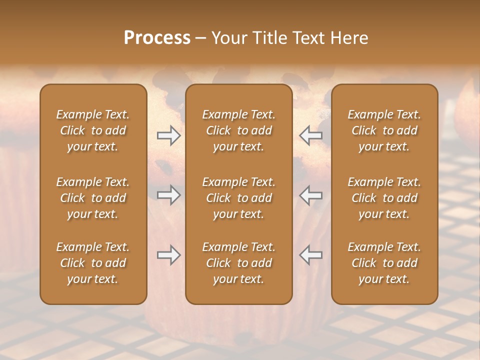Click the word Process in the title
click(157, 38)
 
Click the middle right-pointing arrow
click(168, 194)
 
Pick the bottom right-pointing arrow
click(168, 255)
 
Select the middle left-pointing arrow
click(311, 194)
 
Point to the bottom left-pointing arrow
click(311, 255)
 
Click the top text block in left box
click(93, 130)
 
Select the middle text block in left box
click(93, 198)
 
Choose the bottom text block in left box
click(93, 263)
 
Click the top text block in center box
click(238, 130)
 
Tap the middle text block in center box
click(238, 198)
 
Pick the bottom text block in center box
click(238, 263)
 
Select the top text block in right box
click(384, 130)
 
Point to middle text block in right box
click(384, 198)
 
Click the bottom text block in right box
click(384, 263)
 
